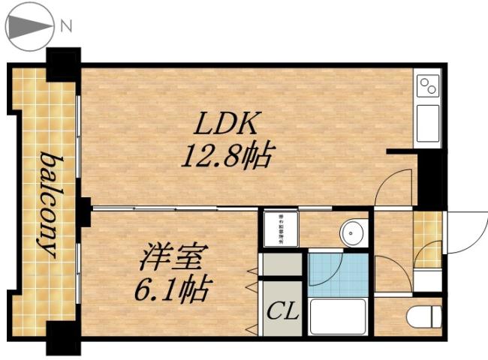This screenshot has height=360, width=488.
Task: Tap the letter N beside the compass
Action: [66, 26]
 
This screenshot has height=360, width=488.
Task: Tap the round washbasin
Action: [353, 233]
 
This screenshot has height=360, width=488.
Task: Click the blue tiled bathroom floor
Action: [338, 274]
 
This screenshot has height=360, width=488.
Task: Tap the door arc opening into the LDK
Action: [393, 187]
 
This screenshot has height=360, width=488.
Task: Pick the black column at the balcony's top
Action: [64, 64]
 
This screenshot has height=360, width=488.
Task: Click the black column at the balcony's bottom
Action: [64, 337]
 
